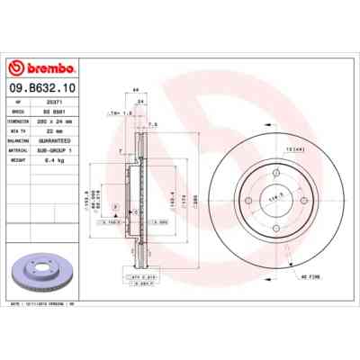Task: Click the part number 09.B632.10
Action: [43, 89]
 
